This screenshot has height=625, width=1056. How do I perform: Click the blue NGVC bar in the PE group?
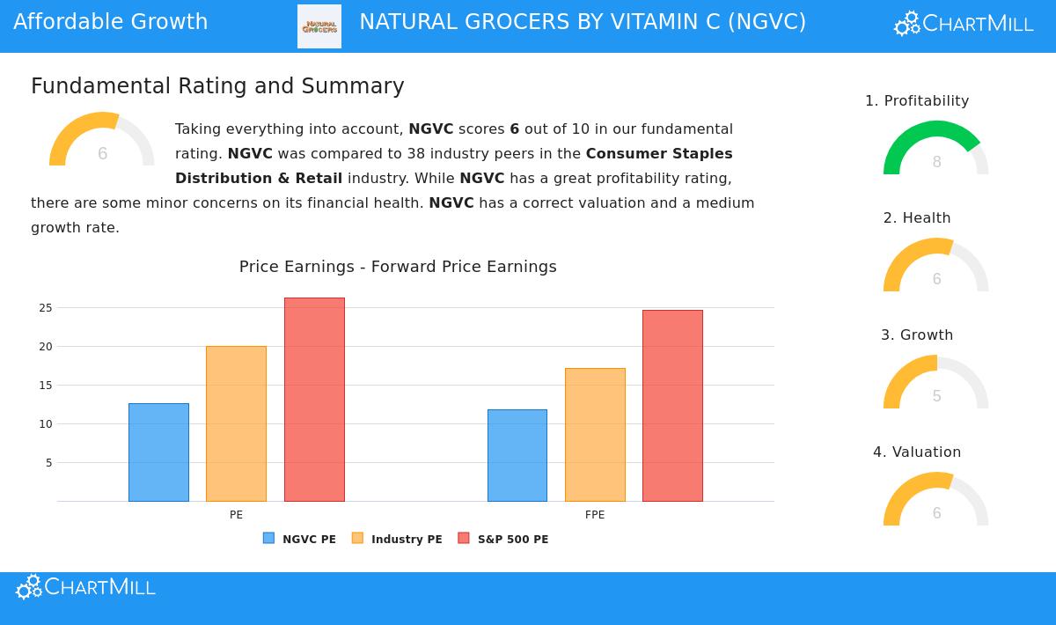[x=158, y=452]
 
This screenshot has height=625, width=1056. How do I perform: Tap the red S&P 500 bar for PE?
[x=314, y=400]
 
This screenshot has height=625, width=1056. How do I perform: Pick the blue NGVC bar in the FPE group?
[x=517, y=455]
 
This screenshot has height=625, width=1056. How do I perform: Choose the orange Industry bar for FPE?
[x=595, y=435]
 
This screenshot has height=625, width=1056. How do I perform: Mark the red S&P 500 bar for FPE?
[x=672, y=406]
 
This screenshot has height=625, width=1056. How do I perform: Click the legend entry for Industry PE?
[x=397, y=539]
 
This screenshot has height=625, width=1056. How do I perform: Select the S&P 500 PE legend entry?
[x=503, y=539]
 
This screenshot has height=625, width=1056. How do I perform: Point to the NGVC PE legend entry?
[x=299, y=539]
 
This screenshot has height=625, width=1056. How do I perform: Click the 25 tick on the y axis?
[x=46, y=308]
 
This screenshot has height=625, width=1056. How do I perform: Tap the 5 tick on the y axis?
[x=49, y=463]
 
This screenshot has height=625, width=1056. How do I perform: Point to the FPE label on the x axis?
[x=595, y=515]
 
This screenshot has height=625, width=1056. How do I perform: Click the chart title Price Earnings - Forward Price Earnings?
[x=398, y=267]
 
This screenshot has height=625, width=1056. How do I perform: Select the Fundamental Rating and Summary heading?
[x=217, y=86]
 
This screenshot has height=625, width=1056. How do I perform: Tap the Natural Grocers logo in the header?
[x=319, y=26]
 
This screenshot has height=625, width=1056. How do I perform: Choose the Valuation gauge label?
[x=917, y=452]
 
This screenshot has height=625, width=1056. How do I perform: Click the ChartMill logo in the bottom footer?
[x=86, y=587]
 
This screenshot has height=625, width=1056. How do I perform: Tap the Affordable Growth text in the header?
[x=111, y=22]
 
